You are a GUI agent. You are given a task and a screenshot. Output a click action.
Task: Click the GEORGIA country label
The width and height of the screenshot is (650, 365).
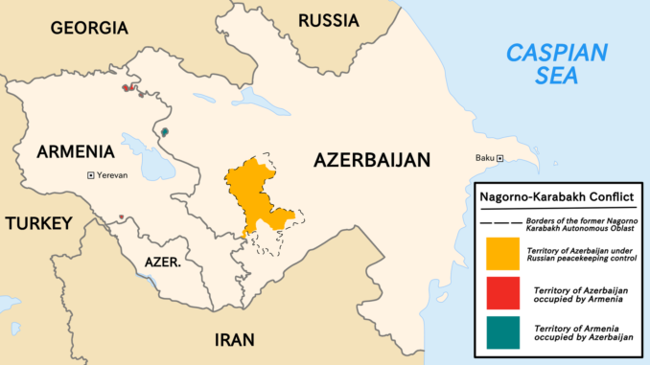(x=88, y=28)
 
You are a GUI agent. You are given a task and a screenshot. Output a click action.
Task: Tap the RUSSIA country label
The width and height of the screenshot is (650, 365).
(x=329, y=20)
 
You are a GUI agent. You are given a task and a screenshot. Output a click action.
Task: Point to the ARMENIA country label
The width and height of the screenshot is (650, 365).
(x=76, y=151)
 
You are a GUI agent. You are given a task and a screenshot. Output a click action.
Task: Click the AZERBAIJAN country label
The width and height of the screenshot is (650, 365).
(x=373, y=160)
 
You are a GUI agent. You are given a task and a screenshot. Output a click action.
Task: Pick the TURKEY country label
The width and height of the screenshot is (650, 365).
(x=38, y=223)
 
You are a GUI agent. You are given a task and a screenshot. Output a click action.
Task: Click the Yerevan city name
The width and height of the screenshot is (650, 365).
(x=112, y=175)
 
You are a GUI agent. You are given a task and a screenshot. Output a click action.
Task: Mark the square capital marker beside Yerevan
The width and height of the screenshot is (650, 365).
(x=90, y=175)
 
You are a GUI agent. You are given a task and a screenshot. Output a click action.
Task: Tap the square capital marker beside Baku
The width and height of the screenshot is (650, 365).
(x=500, y=158)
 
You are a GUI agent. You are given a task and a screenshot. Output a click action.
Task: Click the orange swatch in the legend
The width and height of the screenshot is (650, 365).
(x=503, y=253)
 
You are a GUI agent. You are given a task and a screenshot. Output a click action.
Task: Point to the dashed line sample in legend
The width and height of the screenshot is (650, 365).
(x=500, y=221)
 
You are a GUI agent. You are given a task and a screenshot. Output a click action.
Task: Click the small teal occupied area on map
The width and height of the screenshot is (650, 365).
(x=165, y=131)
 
